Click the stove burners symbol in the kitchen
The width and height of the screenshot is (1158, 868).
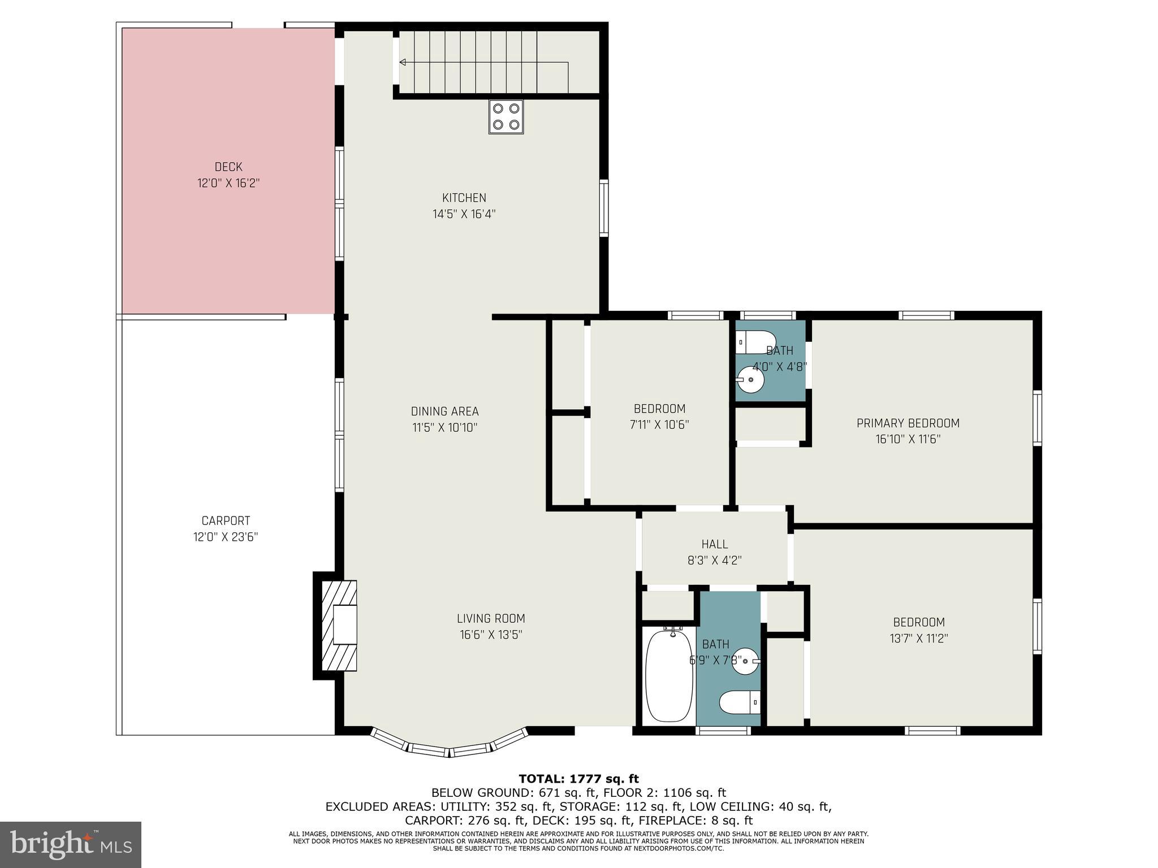click(505, 116)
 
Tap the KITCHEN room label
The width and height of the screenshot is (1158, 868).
click(464, 198)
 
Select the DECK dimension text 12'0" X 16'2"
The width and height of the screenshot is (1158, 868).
click(228, 183)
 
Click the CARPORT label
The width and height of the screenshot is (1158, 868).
click(226, 520)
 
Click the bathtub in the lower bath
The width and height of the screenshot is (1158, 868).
click(669, 676)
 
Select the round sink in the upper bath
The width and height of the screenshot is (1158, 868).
click(751, 379)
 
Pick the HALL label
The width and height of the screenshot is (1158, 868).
click(715, 544)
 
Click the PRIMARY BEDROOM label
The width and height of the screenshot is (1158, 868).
click(908, 423)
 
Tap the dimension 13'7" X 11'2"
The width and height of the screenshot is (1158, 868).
click(918, 639)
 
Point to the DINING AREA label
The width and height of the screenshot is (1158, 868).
click(444, 411)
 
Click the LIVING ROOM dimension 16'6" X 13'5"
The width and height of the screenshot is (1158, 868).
click(490, 635)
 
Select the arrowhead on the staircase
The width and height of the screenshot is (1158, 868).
click(403, 62)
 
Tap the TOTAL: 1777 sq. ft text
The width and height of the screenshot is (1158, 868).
click(578, 779)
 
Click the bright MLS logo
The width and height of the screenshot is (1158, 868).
click(71, 844)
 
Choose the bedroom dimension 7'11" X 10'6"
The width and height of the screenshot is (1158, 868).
click(659, 424)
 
